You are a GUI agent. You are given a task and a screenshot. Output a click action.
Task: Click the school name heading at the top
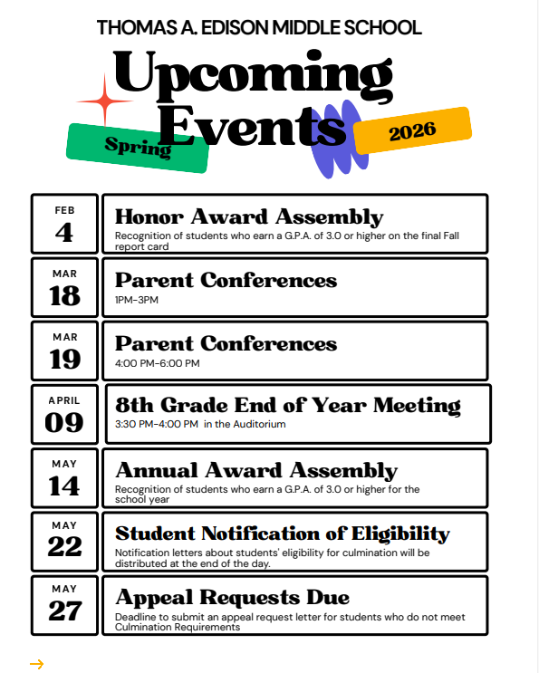coord(259,27)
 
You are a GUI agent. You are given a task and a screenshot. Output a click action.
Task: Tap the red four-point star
coord(104,100)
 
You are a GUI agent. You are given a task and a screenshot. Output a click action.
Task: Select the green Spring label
coord(138,147)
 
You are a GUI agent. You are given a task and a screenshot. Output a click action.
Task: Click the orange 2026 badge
coord(412,132)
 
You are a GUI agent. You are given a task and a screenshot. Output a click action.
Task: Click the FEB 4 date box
coord(64,224)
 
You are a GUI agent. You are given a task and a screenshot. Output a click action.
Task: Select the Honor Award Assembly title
coord(249,217)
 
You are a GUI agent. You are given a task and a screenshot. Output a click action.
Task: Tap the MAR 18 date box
coord(64,287)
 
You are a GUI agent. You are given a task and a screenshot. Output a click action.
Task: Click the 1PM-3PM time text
coord(137,300)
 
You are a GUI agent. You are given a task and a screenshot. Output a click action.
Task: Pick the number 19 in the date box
coord(64,360)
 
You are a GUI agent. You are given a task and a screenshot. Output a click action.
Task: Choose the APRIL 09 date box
coord(64,414)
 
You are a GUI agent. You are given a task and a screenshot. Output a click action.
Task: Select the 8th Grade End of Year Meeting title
coord(288,405)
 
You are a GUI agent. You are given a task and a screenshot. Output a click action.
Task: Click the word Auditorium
coord(261,424)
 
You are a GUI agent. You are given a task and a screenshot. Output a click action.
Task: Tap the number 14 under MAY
coord(64,486)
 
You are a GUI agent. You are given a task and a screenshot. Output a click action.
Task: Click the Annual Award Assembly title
coord(256,471)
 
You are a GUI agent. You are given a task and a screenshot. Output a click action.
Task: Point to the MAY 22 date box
coord(64,541)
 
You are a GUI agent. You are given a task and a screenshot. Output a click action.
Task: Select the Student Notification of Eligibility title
coord(283,534)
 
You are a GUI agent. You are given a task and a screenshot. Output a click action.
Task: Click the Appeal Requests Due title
coord(232,598)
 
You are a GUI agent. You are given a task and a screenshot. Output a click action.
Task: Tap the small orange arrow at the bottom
coord(36,664)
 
